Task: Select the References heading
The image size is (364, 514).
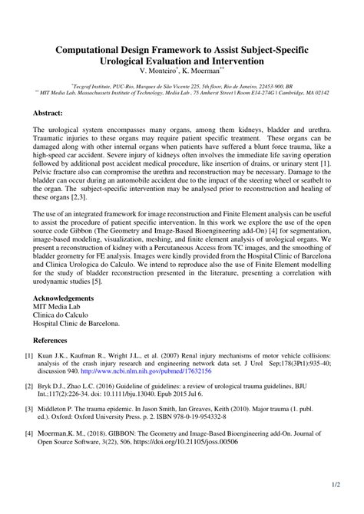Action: point(55,339)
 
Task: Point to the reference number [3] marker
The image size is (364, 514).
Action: point(29,411)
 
